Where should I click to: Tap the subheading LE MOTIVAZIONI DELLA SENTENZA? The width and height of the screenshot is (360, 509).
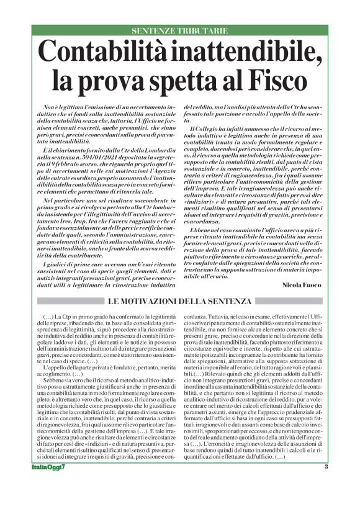(x=179, y=302)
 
